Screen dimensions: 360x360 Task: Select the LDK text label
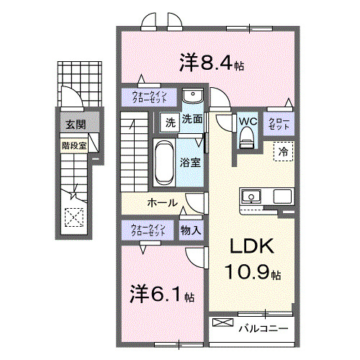coord(251,247)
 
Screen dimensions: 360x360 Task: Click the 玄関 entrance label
coord(74,125)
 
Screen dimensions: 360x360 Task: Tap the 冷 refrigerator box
coord(283,152)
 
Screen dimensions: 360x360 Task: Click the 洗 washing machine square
coord(170,120)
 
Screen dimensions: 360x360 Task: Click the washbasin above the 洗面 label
coord(191,98)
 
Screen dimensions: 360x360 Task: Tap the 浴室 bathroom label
coord(191,163)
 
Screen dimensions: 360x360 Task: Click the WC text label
coord(247,121)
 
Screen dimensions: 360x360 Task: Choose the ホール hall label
coord(163,203)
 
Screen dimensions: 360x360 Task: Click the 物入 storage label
coord(190,230)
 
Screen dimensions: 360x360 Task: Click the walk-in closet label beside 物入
coord(148,230)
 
